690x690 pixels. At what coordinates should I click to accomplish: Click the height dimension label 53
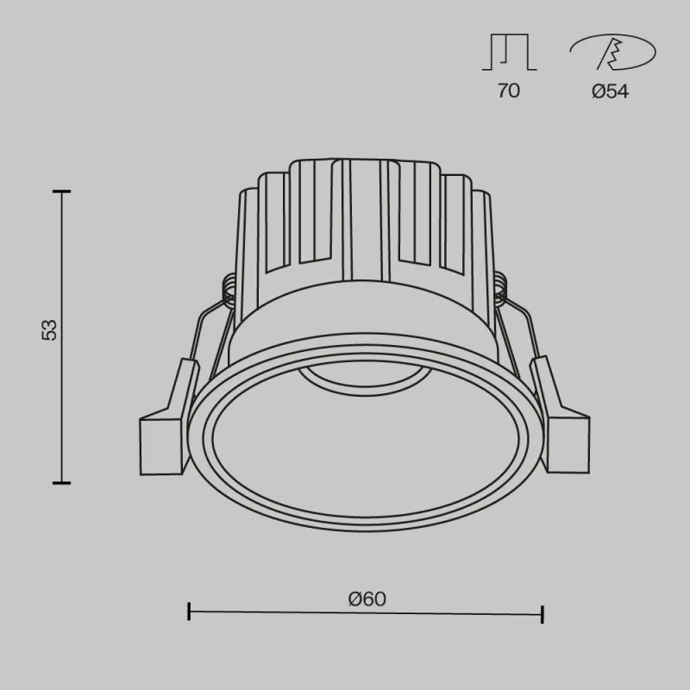[50, 329]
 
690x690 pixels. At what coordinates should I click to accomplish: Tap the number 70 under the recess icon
[508, 91]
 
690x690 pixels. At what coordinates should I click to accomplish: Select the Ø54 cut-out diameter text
[610, 91]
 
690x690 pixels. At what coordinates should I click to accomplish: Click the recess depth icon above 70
[509, 54]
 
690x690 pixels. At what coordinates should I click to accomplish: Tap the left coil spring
[229, 289]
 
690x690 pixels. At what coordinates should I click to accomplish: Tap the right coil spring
[502, 289]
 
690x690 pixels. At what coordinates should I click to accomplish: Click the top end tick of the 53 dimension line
[61, 191]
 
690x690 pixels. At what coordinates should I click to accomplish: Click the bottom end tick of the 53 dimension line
[61, 483]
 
